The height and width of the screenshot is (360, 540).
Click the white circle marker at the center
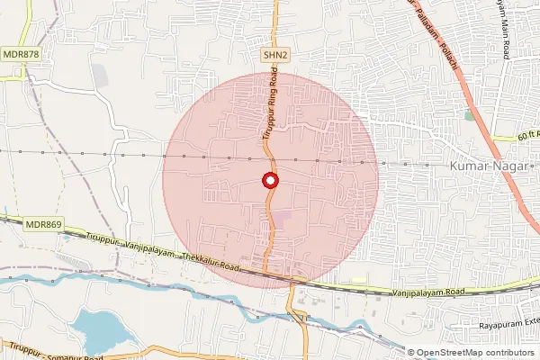pyautogui.click(x=269, y=181)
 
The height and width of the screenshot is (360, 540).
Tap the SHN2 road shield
pyautogui.click(x=274, y=56)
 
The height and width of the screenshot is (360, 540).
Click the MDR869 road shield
pyautogui.click(x=42, y=223)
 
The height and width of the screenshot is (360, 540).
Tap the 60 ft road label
pyautogui.click(x=527, y=135)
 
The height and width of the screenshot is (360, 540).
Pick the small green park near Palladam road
pyautogui.click(x=469, y=115)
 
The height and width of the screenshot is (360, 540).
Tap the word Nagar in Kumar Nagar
pyautogui.click(x=510, y=166)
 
